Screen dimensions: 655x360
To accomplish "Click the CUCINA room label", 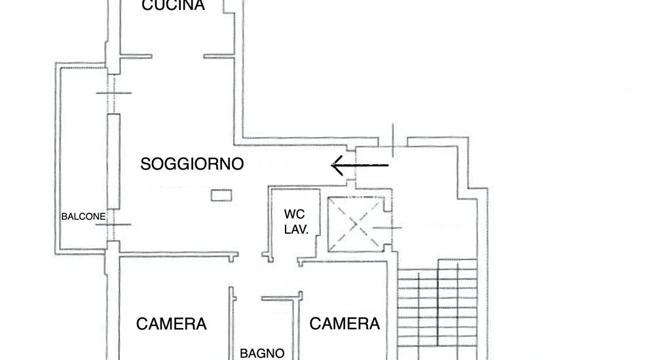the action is click(173, 5).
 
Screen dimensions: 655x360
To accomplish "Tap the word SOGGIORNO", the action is click(192, 164).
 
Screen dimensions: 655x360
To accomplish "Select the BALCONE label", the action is click(83, 217).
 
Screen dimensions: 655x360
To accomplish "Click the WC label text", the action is click(295, 214).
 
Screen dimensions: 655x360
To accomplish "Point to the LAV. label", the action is click(296, 229).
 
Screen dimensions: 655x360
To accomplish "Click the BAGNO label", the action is click(263, 353).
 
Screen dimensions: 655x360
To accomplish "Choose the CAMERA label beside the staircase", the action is click(345, 323).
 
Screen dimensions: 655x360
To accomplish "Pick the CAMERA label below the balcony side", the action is click(171, 324).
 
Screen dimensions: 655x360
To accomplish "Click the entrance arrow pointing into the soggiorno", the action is click(360, 166).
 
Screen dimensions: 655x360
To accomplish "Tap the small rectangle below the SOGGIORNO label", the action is click(221, 196).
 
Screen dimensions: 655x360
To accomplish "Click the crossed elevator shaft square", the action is click(356, 225).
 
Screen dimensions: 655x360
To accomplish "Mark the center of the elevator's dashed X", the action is click(356, 225).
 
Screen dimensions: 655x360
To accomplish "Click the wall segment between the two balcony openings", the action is click(113, 161).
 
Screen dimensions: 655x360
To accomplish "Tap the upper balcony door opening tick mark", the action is click(113, 93).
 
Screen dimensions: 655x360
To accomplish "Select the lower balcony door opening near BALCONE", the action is click(113, 225).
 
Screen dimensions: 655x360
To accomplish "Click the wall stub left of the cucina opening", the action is click(136, 56).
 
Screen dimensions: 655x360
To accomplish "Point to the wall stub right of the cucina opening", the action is click(219, 56).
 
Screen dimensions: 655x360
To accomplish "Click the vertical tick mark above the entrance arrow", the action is click(392, 140).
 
